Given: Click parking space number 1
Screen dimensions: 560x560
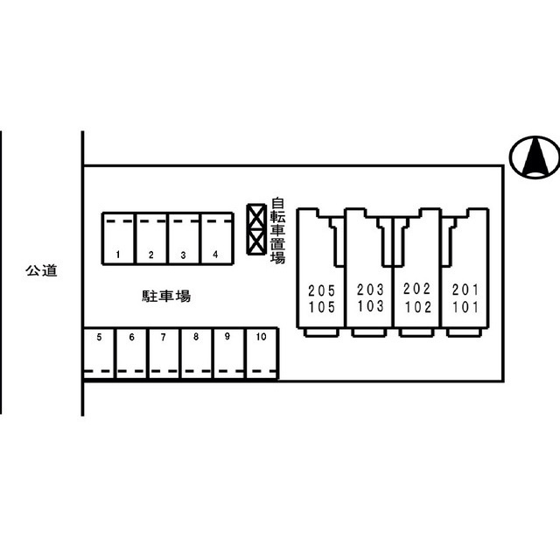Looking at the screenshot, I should click(x=118, y=238).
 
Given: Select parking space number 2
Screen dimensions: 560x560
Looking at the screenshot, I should click(x=151, y=238).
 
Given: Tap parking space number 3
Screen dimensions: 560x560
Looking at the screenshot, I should click(x=184, y=238).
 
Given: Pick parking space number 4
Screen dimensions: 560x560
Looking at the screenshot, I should click(x=216, y=238).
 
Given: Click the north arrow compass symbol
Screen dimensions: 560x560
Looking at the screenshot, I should click(x=535, y=157).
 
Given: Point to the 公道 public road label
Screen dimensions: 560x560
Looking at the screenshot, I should click(x=41, y=271).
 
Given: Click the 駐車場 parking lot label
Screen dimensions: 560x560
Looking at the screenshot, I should click(x=166, y=297).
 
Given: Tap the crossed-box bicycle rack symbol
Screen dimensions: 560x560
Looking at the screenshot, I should click(x=255, y=229).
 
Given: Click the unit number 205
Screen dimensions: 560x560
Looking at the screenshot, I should click(x=321, y=290).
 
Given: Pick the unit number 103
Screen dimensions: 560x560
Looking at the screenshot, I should click(x=371, y=306).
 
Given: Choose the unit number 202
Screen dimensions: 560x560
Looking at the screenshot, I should click(x=417, y=290).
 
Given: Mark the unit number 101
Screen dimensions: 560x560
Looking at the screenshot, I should click(x=465, y=306).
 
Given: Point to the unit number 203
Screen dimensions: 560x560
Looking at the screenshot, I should click(x=371, y=290).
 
